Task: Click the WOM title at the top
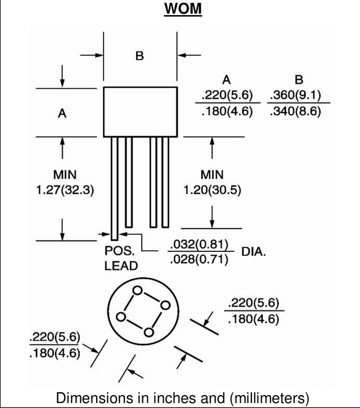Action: [x=183, y=8]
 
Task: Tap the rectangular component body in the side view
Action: [x=141, y=112]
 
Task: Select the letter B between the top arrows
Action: [x=139, y=56]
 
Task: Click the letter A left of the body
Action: [x=62, y=114]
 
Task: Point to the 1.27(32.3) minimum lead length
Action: [x=65, y=190]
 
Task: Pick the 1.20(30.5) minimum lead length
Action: [x=212, y=190]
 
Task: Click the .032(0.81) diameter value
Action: [x=199, y=244]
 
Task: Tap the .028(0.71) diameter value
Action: [x=199, y=259]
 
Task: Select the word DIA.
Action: [x=254, y=252]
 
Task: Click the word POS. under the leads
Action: [x=120, y=251]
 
